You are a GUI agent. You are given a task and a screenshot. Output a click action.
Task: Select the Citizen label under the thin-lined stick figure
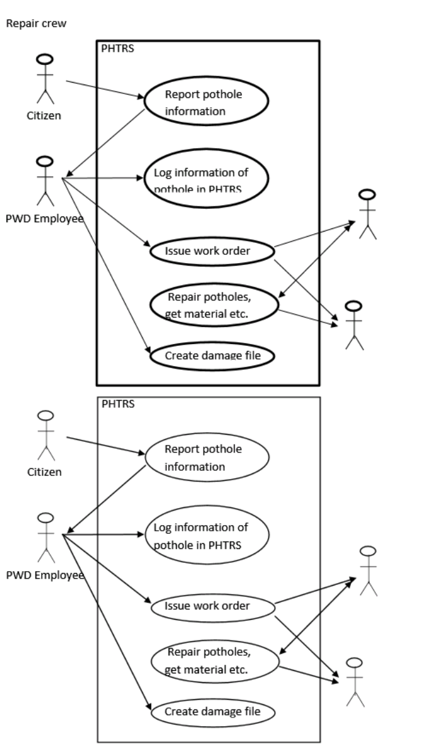click(x=44, y=472)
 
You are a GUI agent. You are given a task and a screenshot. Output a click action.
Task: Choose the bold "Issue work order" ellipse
click(x=212, y=251)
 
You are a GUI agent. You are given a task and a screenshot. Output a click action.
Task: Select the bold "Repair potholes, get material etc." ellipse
click(x=215, y=305)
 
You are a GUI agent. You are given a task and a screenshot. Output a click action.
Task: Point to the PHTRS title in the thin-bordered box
click(x=118, y=404)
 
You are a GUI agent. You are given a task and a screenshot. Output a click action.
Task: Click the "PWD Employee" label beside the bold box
click(x=44, y=218)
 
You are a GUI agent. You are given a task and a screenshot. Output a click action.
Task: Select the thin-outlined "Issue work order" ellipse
click(x=212, y=606)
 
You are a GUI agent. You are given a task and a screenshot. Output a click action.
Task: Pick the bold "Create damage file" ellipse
click(x=213, y=356)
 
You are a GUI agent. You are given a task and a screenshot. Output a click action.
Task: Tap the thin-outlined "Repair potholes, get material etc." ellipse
click(x=215, y=661)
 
